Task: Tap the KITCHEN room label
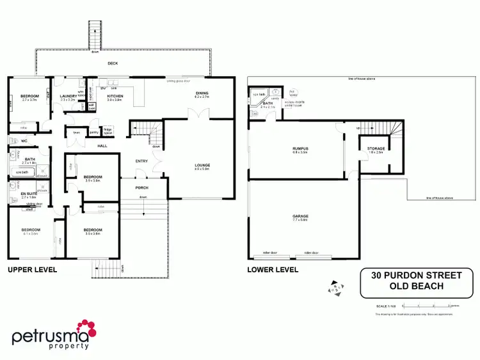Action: click(x=115, y=96)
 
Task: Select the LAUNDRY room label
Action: click(x=68, y=96)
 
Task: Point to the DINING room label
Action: click(x=202, y=93)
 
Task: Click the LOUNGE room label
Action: click(x=202, y=166)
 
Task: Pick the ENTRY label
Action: click(x=142, y=161)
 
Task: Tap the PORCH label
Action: click(x=142, y=188)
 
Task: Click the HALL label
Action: click(x=102, y=146)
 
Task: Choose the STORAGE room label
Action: click(x=376, y=149)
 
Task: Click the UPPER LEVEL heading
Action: click(x=32, y=270)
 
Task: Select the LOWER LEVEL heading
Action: click(x=273, y=270)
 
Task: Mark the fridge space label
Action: click(x=108, y=129)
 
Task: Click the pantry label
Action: click(x=93, y=132)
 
